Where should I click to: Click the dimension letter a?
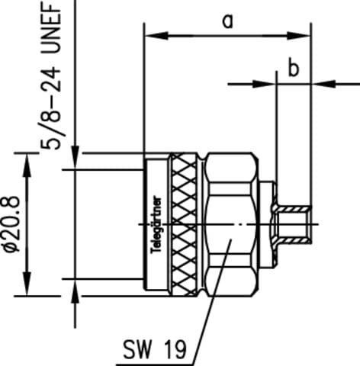227,21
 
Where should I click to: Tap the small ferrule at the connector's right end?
293,225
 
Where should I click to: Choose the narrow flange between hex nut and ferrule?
269,225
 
